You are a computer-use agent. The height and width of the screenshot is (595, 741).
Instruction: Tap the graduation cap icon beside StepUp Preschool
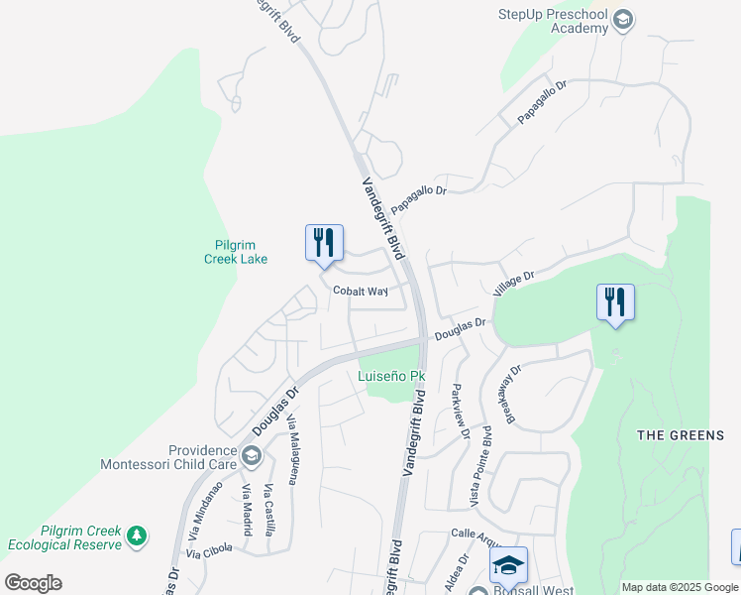[x=623, y=20]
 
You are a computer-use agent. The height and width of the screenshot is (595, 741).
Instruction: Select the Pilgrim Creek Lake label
[x=241, y=252]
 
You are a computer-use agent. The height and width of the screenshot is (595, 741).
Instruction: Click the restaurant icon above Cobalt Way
[x=324, y=242]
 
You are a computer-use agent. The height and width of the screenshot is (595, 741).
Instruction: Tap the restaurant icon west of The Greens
[x=615, y=302]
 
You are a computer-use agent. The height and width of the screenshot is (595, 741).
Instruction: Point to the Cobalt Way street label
[x=360, y=292]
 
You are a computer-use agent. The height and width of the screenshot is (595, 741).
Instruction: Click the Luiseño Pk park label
[x=391, y=377]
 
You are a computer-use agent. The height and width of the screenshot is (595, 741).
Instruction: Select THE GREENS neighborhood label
[x=680, y=435]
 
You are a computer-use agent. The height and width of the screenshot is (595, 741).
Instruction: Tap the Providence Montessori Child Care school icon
[x=252, y=456]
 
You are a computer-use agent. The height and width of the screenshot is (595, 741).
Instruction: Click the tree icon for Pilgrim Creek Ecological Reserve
[x=137, y=536]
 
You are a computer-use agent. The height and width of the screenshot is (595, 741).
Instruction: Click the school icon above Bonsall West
[x=508, y=565]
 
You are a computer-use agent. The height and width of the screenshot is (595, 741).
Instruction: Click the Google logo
[x=33, y=583]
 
